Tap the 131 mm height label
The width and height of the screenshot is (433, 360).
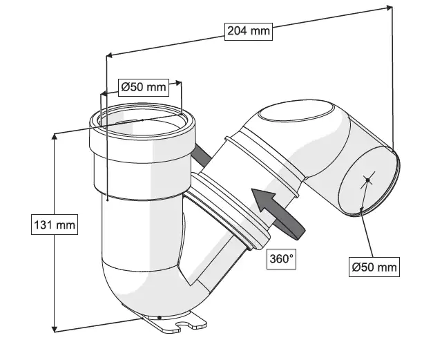pyautogui.click(x=55, y=225)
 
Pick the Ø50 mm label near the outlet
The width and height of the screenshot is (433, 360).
pyautogui.click(x=374, y=266)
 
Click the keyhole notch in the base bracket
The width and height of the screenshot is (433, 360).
pyautogui.click(x=184, y=323)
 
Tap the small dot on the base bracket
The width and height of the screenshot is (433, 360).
pyautogui.click(x=160, y=317)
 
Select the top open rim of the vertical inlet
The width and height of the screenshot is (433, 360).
pyautogui.click(x=142, y=120)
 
